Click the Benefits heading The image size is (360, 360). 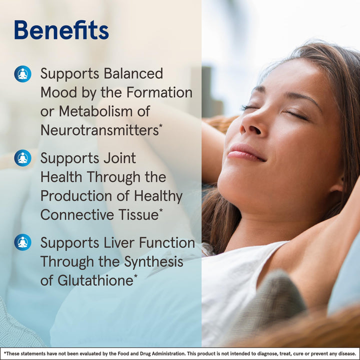pyautogui.click(x=61, y=30)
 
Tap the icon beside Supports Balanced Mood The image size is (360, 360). pyautogui.click(x=22, y=74)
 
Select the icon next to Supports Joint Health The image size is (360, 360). pyautogui.click(x=22, y=158)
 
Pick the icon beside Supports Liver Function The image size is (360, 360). pyautogui.click(x=22, y=242)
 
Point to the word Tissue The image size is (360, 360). pyautogui.click(x=138, y=214)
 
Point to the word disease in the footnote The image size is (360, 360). pyautogui.click(x=345, y=353)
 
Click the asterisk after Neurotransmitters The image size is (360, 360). pyautogui.click(x=160, y=126)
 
